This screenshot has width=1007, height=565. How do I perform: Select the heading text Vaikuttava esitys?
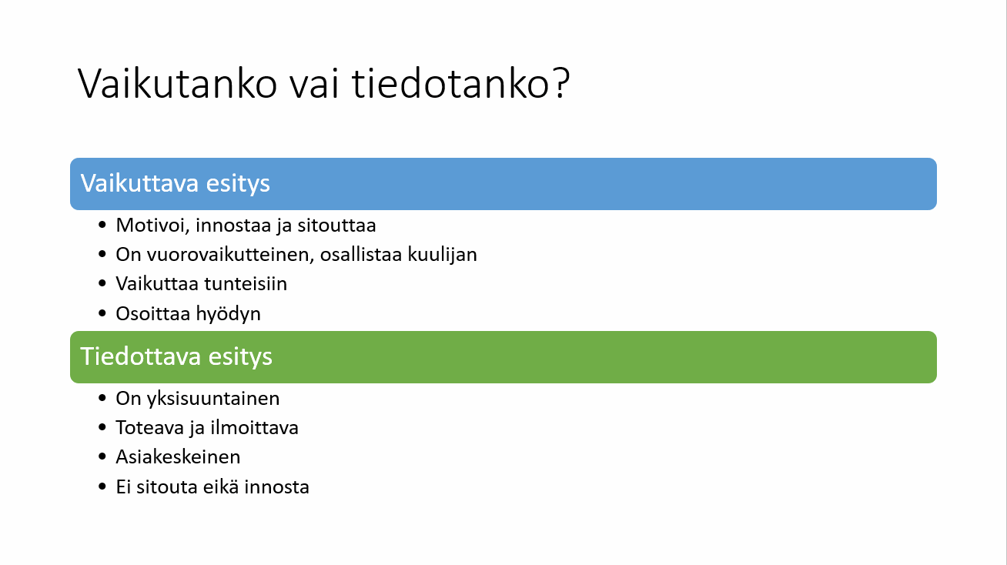(176, 183)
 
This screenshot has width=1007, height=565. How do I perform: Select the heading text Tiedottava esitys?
(176, 357)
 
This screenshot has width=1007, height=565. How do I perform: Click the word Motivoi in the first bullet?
(153, 226)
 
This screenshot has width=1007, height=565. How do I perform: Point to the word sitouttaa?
(336, 226)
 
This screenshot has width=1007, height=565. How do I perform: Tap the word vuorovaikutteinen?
(231, 255)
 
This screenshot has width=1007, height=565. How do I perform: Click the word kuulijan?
(443, 255)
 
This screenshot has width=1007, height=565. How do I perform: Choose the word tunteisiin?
(246, 284)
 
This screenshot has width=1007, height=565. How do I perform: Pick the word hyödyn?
(229, 314)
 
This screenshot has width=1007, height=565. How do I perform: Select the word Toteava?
(150, 428)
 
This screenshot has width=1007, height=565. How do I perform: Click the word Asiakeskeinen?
(178, 457)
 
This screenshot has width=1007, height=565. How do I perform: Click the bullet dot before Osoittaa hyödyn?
(102, 313)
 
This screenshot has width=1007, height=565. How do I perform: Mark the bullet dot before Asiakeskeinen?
(102, 456)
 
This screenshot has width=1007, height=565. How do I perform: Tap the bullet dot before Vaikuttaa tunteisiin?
(102, 283)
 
